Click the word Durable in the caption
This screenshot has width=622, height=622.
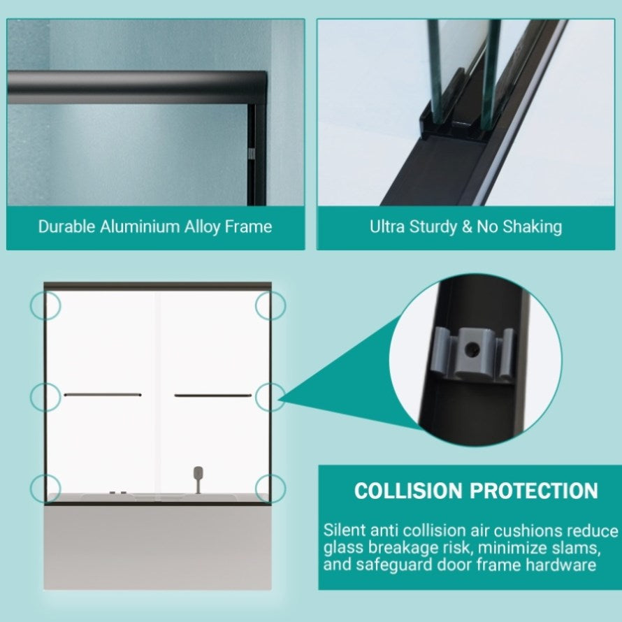pyautogui.click(x=66, y=226)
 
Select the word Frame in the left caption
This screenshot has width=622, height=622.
pyautogui.click(x=248, y=226)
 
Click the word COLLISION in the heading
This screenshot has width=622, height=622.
pyautogui.click(x=408, y=491)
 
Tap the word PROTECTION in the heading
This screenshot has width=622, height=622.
pyautogui.click(x=534, y=491)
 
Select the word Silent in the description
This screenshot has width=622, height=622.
pyautogui.click(x=345, y=530)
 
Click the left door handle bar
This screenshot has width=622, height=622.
pyautogui.click(x=103, y=395)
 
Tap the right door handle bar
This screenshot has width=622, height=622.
pyautogui.click(x=213, y=395)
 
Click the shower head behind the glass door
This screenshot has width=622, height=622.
pyautogui.click(x=198, y=474)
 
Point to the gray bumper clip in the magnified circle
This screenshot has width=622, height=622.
pyautogui.click(x=472, y=353)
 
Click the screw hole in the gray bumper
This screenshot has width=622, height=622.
pyautogui.click(x=472, y=349)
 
